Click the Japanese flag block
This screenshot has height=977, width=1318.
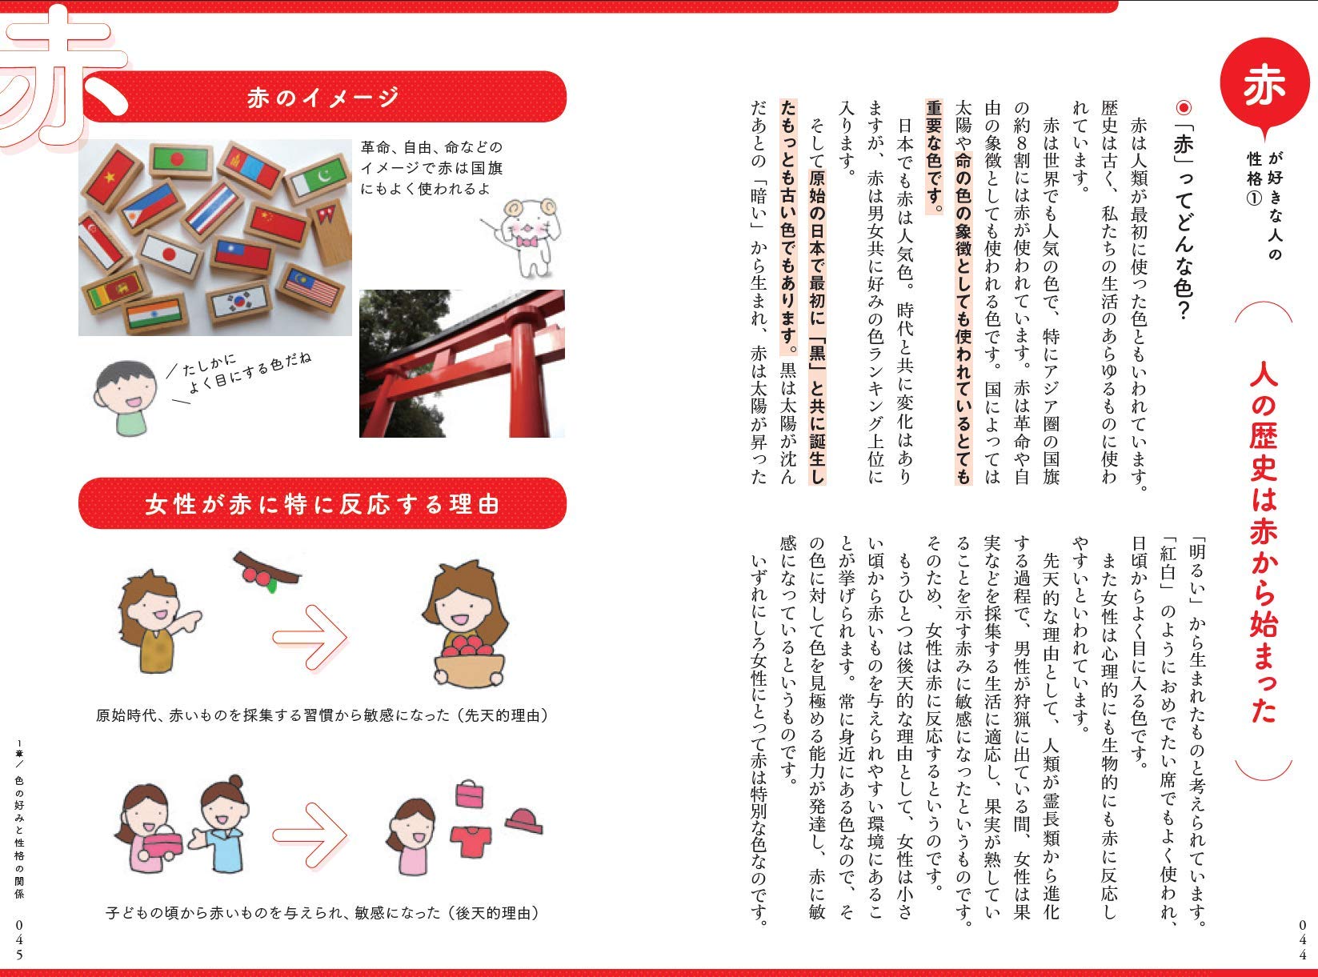pyautogui.click(x=170, y=255)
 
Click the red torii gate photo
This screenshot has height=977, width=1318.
pyautogui.click(x=462, y=363)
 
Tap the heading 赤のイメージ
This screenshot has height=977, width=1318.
pyautogui.click(x=322, y=98)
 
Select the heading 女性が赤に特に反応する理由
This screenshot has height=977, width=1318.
pyautogui.click(x=322, y=505)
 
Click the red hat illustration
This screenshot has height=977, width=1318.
pyautogui.click(x=525, y=819)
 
